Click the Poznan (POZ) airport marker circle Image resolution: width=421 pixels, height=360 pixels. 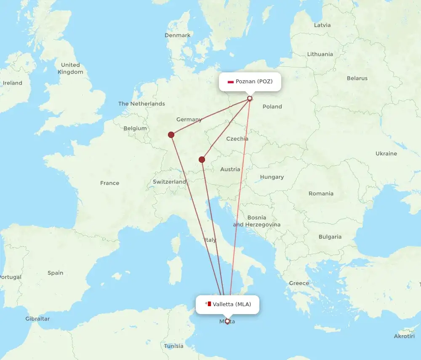250,98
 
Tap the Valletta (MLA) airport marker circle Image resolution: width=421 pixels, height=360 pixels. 227,322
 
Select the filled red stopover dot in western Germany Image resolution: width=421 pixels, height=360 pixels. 171,135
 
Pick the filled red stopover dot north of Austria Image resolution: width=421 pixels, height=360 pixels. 202,159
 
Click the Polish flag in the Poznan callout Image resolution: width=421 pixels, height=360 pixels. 230,82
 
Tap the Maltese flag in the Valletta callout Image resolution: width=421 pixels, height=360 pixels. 208,304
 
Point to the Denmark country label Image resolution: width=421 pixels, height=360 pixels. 178,35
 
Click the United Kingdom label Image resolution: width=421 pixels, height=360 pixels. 70,68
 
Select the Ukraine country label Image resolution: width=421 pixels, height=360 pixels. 386,154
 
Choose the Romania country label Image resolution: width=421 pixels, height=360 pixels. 321,193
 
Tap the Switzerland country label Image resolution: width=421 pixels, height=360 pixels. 170,182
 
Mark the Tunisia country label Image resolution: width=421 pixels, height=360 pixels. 174,346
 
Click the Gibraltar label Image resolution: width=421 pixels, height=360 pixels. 37,319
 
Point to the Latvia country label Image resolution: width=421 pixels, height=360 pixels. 322,25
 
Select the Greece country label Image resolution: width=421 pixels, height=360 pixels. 299,283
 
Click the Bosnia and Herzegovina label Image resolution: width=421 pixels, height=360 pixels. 257,221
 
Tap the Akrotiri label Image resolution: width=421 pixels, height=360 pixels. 404,336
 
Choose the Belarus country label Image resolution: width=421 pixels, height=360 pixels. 357,78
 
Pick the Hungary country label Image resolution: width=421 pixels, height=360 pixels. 272,177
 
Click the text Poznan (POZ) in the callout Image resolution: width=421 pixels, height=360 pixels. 254,82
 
